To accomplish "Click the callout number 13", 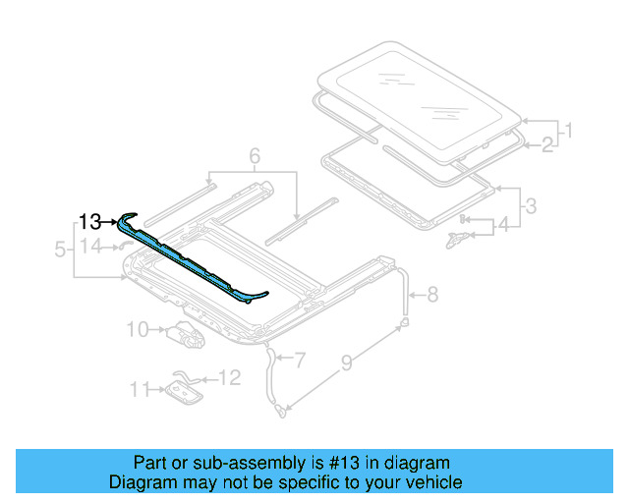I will coord(90,221).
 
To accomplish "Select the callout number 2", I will coord(548,145).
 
